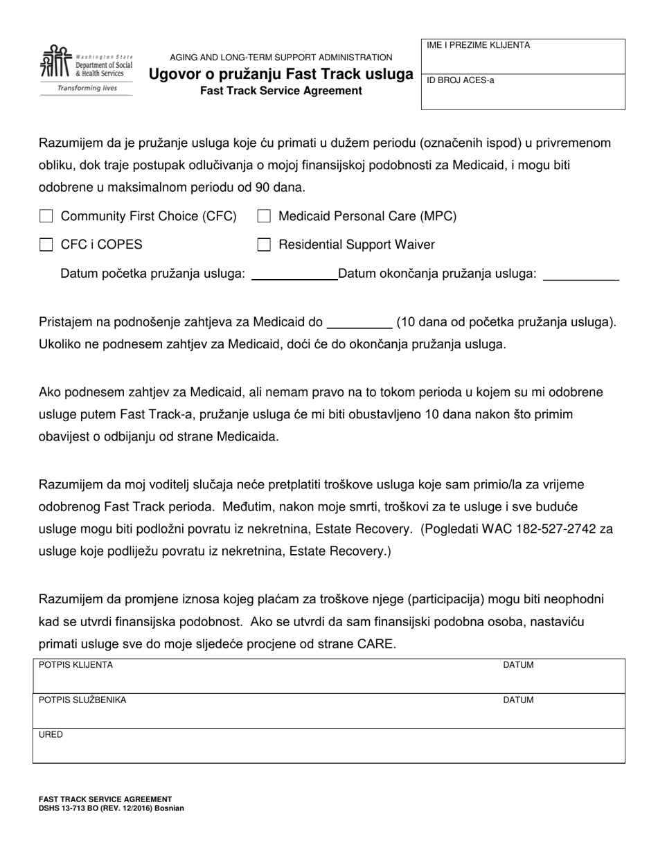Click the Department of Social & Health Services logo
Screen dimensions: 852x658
point(86,69)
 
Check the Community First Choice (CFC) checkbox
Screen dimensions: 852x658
point(46,216)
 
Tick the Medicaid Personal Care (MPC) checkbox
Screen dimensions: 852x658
point(263,216)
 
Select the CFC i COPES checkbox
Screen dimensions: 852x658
point(46,245)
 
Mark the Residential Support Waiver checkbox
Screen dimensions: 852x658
point(263,245)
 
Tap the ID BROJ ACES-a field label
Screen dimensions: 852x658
point(461,80)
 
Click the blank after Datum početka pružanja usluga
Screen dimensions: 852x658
point(293,274)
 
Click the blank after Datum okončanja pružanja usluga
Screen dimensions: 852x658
point(580,274)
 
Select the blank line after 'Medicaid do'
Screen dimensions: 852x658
point(359,322)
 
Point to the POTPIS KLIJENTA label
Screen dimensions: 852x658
point(75,665)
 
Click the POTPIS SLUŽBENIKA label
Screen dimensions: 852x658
point(82,700)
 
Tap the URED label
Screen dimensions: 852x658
point(51,734)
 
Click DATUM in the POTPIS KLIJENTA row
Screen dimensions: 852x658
point(518,665)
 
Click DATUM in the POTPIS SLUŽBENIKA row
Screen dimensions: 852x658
point(518,700)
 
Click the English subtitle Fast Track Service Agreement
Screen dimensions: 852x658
point(281,91)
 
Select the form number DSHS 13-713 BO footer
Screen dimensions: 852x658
point(111,808)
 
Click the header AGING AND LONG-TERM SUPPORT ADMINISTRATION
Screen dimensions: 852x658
point(281,57)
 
